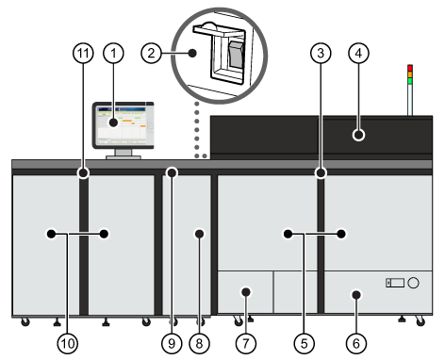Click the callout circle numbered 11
coord(83,53)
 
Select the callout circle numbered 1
coord(113,53)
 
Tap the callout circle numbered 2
coord(151,53)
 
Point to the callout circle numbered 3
coord(321,53)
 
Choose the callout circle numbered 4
coord(358,53)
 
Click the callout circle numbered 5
coord(304,343)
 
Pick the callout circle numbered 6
coord(356,343)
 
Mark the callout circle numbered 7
coord(246,343)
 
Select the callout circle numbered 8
coord(199,343)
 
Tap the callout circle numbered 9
coord(172,343)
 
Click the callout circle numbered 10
coord(67,343)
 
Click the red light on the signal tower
coord(410,68)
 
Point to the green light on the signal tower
coord(410,81)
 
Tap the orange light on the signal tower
coord(410,74)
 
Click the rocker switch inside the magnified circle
coord(236,55)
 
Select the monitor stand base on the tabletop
coord(124,157)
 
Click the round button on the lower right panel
coord(413,283)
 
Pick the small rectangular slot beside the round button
coord(395,283)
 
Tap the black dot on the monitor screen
coord(113,123)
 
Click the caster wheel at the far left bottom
coord(25,321)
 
